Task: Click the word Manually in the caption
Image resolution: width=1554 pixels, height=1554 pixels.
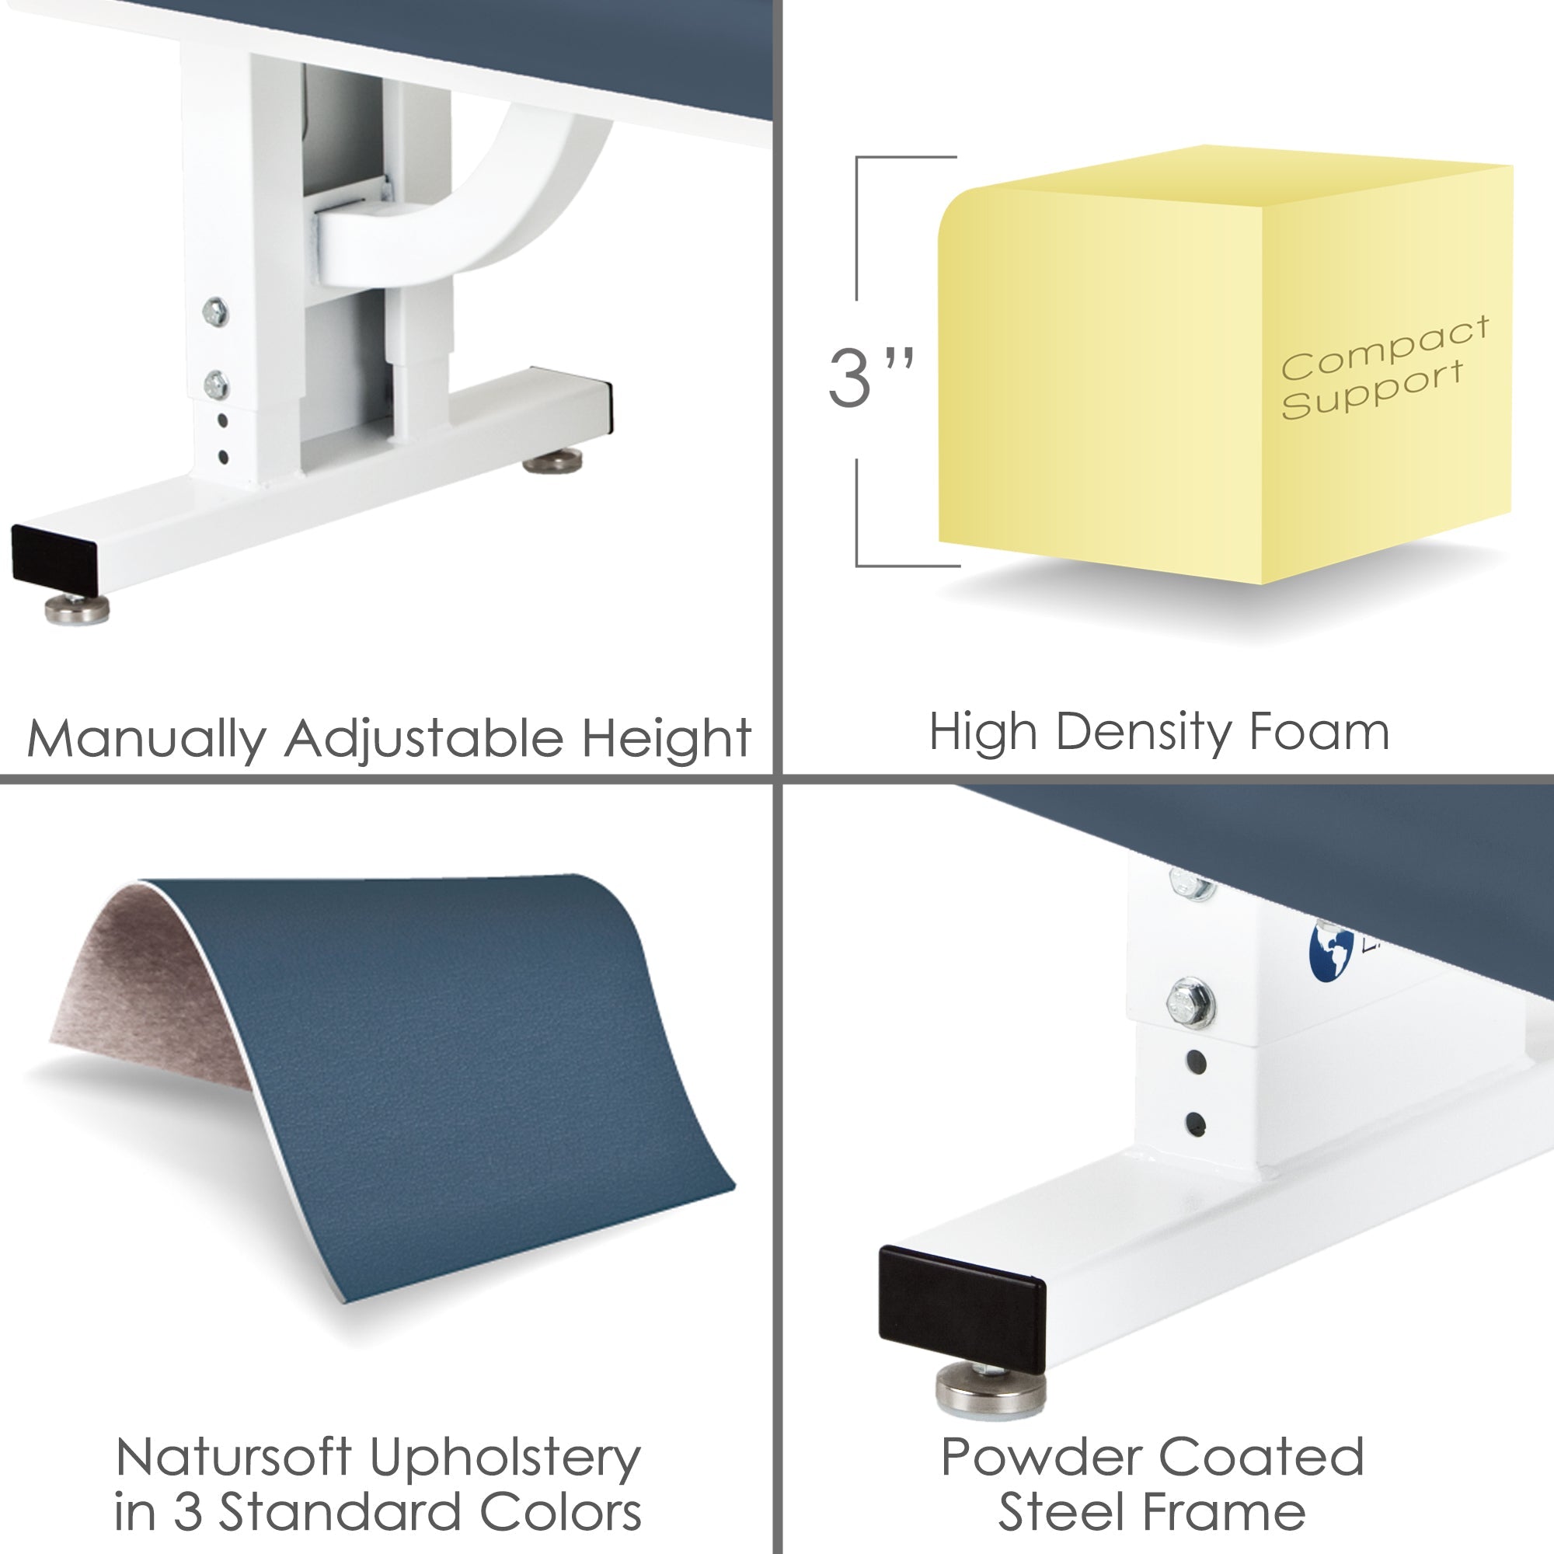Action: (x=145, y=738)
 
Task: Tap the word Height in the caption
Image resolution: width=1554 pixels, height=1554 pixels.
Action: (x=666, y=738)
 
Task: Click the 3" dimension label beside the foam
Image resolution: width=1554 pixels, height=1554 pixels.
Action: (x=869, y=378)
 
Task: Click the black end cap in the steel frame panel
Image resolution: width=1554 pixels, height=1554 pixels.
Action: (x=960, y=1307)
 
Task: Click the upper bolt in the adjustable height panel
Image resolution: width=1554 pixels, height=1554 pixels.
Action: (x=214, y=312)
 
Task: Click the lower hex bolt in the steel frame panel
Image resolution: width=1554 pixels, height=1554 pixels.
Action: (x=1190, y=1003)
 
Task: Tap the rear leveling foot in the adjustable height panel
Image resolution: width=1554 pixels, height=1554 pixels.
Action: (x=552, y=462)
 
